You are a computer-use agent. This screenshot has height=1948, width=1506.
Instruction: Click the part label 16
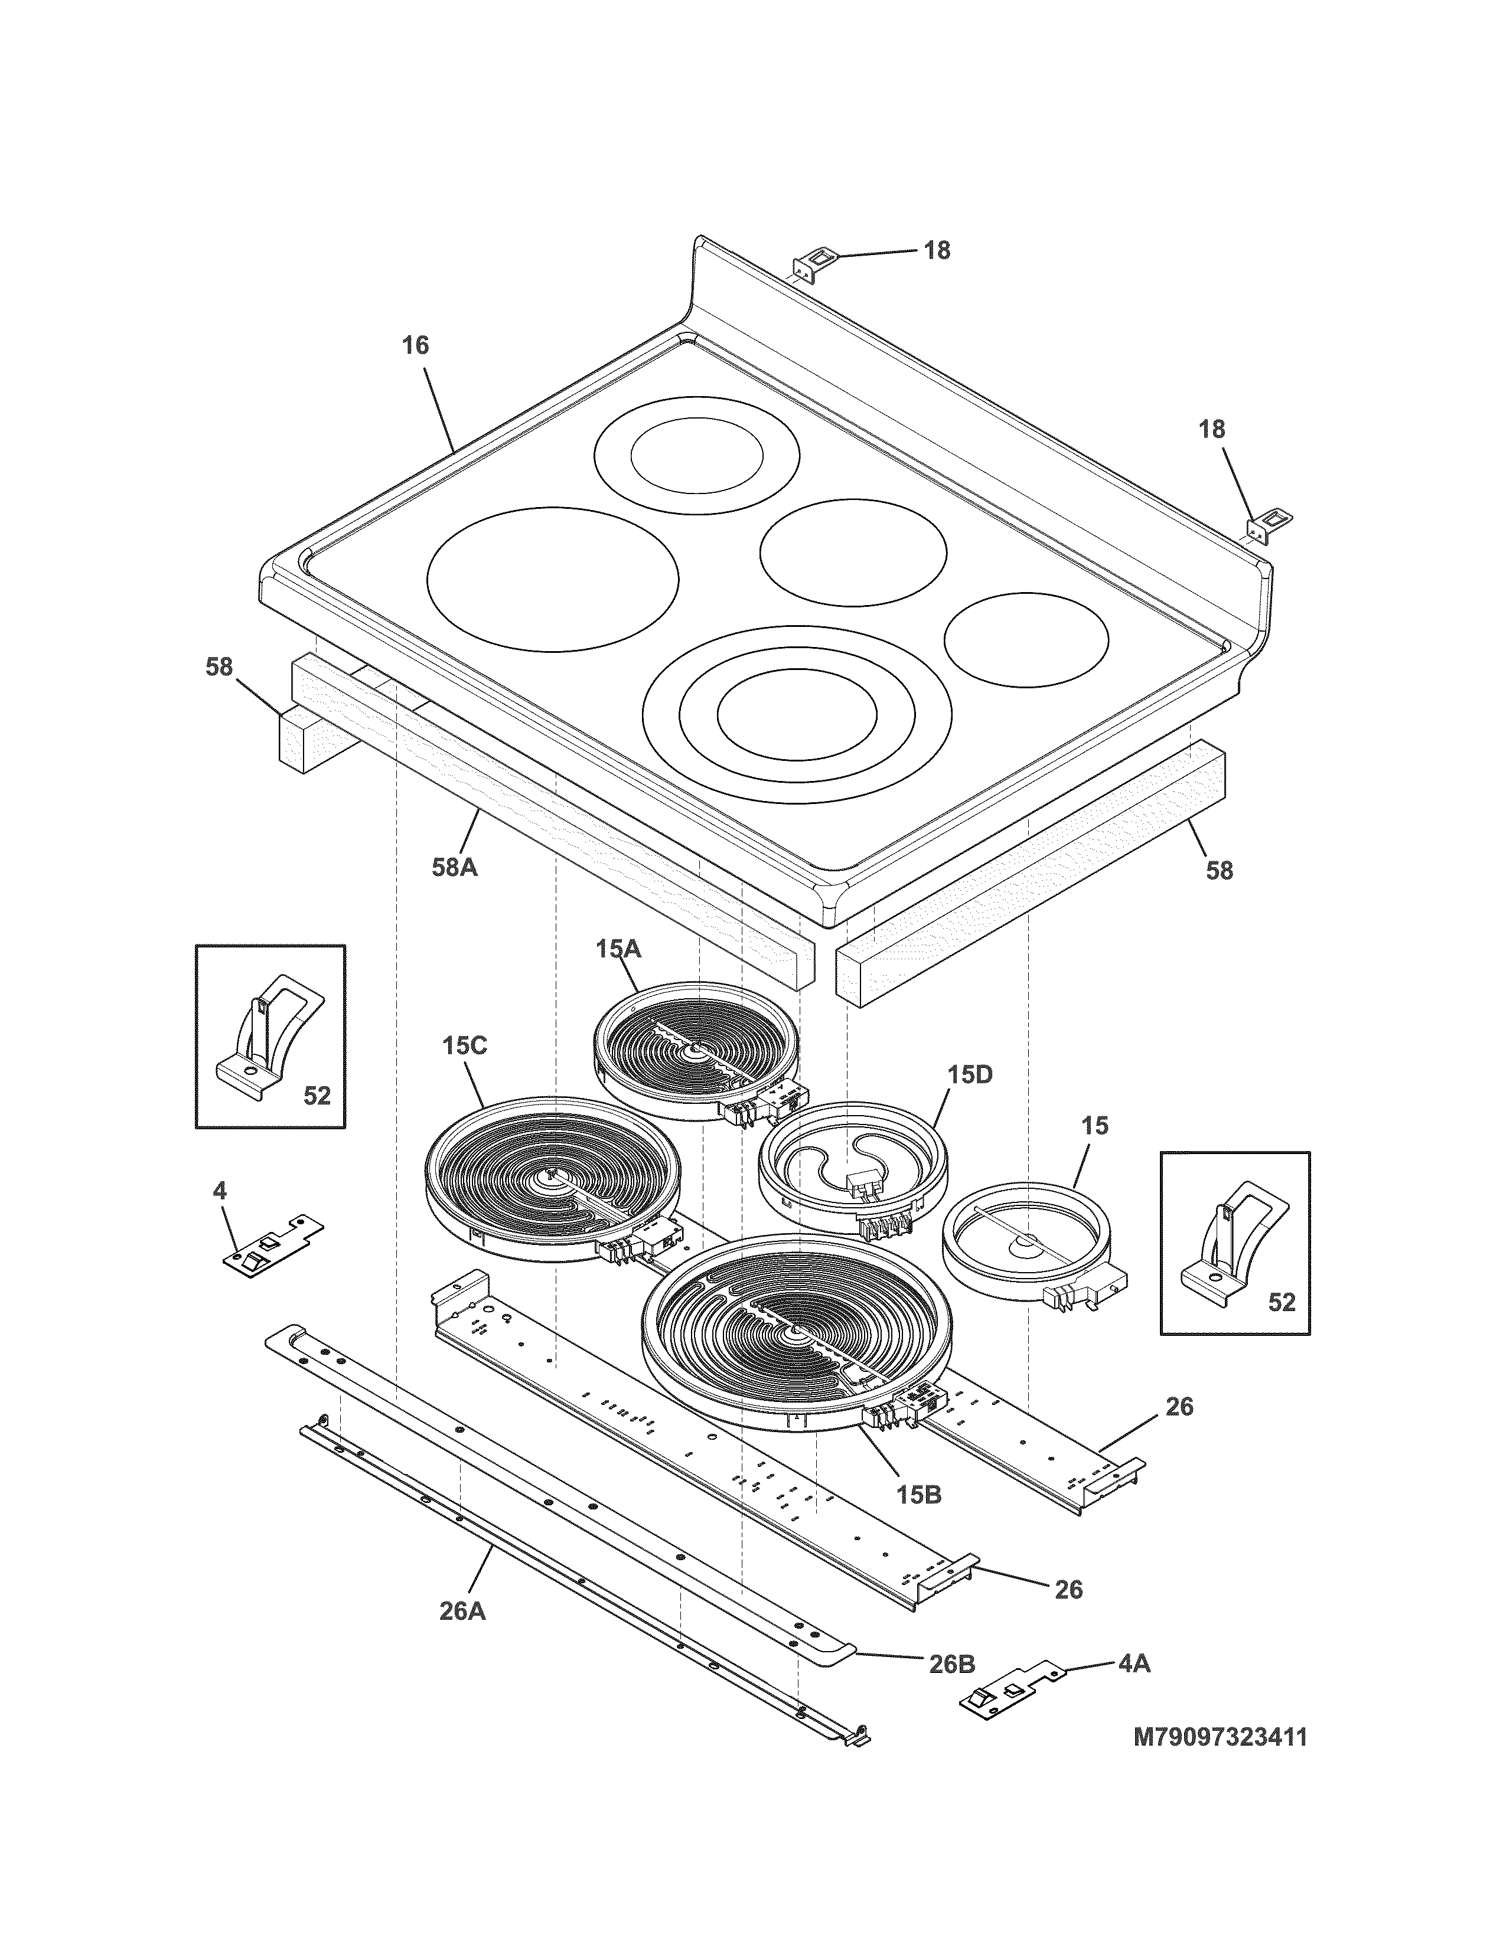point(415,345)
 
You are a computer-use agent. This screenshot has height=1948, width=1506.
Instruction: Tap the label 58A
point(454,867)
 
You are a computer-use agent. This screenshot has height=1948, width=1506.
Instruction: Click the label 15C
point(464,1045)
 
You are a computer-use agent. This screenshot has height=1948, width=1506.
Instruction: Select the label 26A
point(462,1612)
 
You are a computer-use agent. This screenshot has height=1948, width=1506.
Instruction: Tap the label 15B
point(919,1494)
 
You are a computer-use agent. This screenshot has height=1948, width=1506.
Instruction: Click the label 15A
point(618,949)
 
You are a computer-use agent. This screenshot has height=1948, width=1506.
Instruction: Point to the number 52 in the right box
point(1281,1302)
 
